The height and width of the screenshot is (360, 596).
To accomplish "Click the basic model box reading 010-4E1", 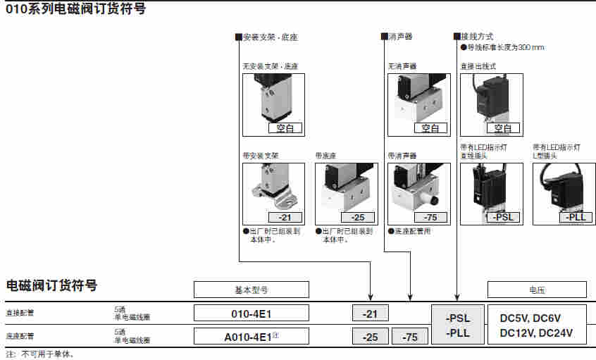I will [252, 314].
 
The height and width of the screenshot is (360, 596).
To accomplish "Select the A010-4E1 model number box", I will [252, 336].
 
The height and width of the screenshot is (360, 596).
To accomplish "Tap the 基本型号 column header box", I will [252, 290].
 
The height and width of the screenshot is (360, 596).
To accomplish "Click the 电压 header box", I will [537, 290].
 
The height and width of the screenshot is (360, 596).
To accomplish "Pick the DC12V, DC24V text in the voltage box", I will [536, 333].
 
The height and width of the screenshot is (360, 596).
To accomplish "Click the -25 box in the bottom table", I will [370, 337].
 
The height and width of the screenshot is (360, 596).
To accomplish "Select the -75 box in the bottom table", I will [409, 337].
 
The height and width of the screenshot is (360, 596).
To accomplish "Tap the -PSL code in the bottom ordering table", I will [458, 318].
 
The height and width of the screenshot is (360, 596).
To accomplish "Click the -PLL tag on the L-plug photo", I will [576, 217].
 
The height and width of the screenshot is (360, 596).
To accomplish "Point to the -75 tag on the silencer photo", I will [431, 217].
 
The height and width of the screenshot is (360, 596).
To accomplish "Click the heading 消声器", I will [400, 36].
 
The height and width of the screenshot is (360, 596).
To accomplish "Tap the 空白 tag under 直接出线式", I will [503, 128].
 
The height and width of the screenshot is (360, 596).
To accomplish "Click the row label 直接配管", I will [19, 314].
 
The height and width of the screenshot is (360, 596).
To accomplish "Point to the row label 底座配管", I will [19, 336].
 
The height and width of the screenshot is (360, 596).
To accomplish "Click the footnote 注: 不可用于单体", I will [39, 354].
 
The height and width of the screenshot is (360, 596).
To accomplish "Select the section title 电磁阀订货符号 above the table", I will [51, 285].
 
